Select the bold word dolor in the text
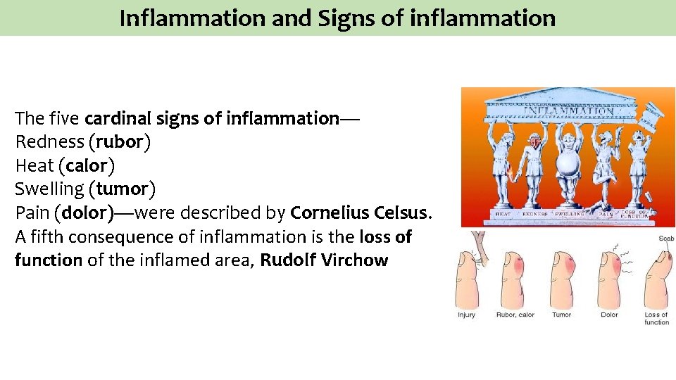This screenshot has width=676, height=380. coord(84,212)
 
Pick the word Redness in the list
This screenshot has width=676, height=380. coord(49,142)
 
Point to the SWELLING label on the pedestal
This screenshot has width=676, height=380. coord(572,213)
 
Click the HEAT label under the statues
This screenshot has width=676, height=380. coord(503,213)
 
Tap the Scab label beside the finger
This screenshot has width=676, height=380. coord(665,239)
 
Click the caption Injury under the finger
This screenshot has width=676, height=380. coord(466,315)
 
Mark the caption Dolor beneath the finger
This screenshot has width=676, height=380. coord(609,315)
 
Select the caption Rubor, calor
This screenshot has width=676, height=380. coord(515,315)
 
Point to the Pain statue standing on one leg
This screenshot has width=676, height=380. coord(604,169)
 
